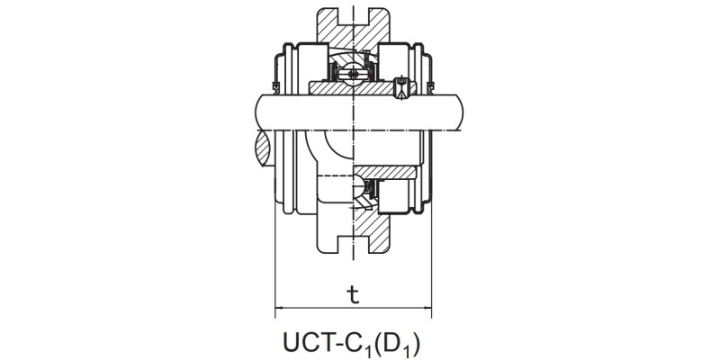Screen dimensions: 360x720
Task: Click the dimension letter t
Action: [x=352, y=294]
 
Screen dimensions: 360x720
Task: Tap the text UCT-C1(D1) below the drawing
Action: [x=352, y=342]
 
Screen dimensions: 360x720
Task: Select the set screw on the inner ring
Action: [x=399, y=86]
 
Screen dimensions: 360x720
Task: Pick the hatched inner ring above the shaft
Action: [x=351, y=88]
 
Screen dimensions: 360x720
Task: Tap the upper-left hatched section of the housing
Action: [x=328, y=31]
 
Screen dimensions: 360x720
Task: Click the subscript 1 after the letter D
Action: [x=409, y=348]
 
